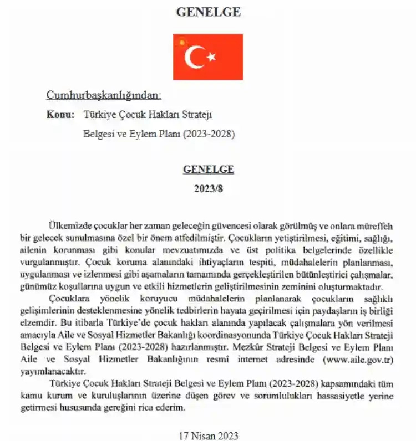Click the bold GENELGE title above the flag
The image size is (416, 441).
tap(208, 12)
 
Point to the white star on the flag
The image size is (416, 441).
tap(211, 57)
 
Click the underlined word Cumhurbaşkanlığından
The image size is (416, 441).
tap(104, 95)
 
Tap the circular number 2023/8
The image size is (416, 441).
tap(207, 188)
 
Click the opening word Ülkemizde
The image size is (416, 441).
tap(69, 227)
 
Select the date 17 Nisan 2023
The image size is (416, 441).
tap(208, 435)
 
